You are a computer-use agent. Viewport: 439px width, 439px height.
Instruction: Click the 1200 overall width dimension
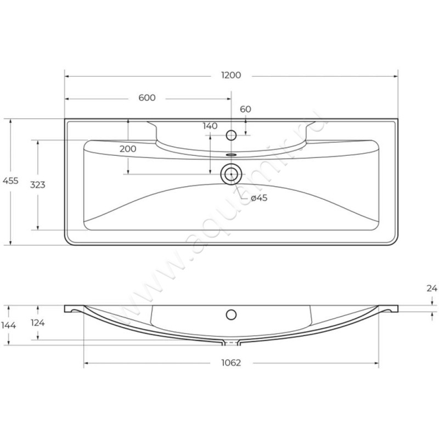[x=232, y=76]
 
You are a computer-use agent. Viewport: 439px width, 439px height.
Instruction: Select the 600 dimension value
[x=147, y=98]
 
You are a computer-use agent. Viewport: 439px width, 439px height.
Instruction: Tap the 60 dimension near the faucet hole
[x=245, y=109]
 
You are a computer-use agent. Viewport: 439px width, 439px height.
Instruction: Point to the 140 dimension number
[x=210, y=126]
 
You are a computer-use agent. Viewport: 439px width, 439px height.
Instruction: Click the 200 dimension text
[x=128, y=149]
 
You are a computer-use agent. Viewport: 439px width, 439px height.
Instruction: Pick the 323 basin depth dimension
[x=37, y=185]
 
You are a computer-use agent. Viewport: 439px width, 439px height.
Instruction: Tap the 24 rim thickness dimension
[x=432, y=288]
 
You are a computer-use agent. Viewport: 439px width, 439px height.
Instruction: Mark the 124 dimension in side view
[x=37, y=323]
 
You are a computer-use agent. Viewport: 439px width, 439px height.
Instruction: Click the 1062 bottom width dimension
[x=232, y=363]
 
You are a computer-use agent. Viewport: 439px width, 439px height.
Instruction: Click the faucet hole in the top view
[x=232, y=134]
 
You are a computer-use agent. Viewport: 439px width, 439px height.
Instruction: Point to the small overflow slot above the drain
[x=232, y=155]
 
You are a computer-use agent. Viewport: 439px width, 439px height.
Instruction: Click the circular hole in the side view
[x=232, y=314]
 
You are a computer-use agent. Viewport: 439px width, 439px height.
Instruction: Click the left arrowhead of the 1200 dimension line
[x=67, y=76]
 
